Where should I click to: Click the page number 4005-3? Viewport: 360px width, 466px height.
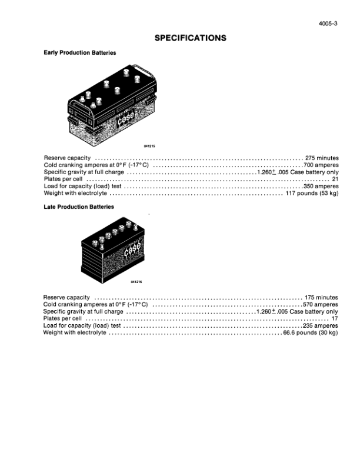pyautogui.click(x=328, y=24)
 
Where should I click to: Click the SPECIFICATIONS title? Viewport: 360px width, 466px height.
pyautogui.click(x=191, y=38)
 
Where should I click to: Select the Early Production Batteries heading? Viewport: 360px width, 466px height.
pyautogui.click(x=79, y=52)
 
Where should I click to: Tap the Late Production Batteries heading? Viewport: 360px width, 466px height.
pyautogui.click(x=79, y=207)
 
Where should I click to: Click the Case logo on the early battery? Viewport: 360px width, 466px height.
pyautogui.click(x=126, y=118)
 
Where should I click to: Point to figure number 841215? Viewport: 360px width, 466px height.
pyautogui.click(x=149, y=147)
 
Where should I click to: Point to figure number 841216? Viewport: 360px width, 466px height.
pyautogui.click(x=136, y=282)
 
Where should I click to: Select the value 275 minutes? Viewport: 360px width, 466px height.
pyautogui.click(x=322, y=158)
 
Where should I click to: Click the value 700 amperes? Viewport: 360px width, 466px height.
pyautogui.click(x=321, y=165)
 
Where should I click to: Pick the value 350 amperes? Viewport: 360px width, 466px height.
pyautogui.click(x=321, y=186)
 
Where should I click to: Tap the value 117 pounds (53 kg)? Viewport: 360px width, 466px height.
pyautogui.click(x=312, y=193)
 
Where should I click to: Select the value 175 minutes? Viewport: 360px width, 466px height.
pyautogui.click(x=321, y=298)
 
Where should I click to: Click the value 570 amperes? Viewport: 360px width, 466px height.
pyautogui.click(x=321, y=304)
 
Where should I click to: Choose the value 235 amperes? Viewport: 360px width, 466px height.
pyautogui.click(x=321, y=325)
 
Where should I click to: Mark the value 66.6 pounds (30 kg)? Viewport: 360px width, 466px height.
pyautogui.click(x=311, y=332)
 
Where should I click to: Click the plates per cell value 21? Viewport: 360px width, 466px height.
pyautogui.click(x=335, y=179)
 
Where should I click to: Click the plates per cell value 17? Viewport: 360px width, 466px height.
pyautogui.click(x=335, y=318)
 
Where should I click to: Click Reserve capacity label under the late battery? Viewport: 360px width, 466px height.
pyautogui.click(x=66, y=298)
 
